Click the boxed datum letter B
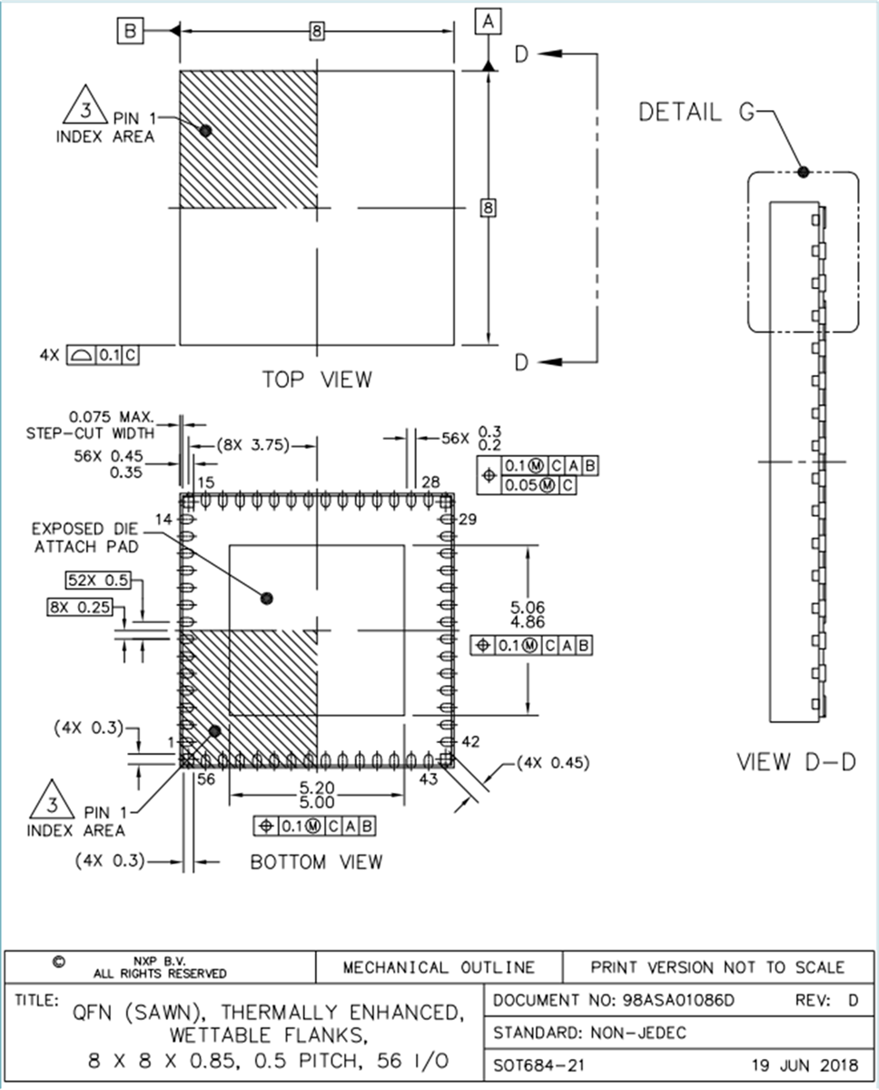point(131,31)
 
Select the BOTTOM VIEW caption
point(316,861)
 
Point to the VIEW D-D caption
point(795,762)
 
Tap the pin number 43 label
point(429,778)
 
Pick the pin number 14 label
point(163,519)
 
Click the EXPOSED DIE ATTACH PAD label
point(85,538)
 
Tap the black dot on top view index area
point(205,131)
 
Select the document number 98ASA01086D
point(678,1000)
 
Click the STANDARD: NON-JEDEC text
point(590,1032)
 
